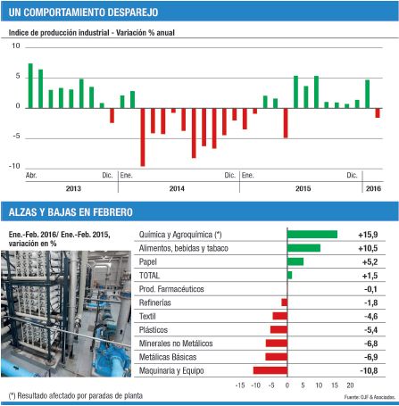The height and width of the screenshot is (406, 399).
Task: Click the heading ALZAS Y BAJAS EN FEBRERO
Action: click(x=71, y=211)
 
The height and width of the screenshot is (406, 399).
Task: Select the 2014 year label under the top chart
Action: click(x=178, y=188)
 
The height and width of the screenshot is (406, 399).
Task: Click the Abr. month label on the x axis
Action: click(x=31, y=176)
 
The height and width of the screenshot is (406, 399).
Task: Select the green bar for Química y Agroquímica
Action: click(x=312, y=235)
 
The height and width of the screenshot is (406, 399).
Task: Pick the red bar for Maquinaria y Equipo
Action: click(x=270, y=369)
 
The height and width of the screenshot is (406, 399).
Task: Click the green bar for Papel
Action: click(x=295, y=261)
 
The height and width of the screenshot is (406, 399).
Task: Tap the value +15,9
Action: click(x=368, y=235)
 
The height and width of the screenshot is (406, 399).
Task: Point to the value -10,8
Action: click(x=369, y=369)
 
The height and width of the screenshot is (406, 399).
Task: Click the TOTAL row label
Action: click(x=154, y=275)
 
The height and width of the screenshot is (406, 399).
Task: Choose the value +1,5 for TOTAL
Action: click(x=369, y=275)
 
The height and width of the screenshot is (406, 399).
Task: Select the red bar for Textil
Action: click(x=280, y=316)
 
